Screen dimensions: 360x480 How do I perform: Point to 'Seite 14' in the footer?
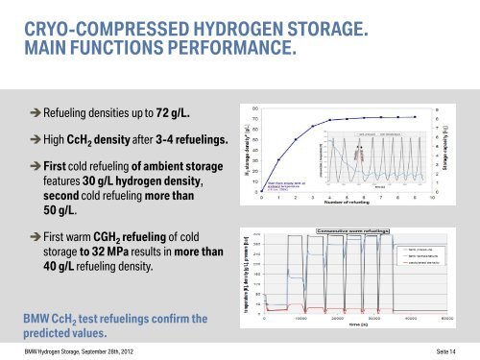(x=455, y=350)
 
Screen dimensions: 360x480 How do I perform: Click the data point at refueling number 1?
(x=278, y=160)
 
